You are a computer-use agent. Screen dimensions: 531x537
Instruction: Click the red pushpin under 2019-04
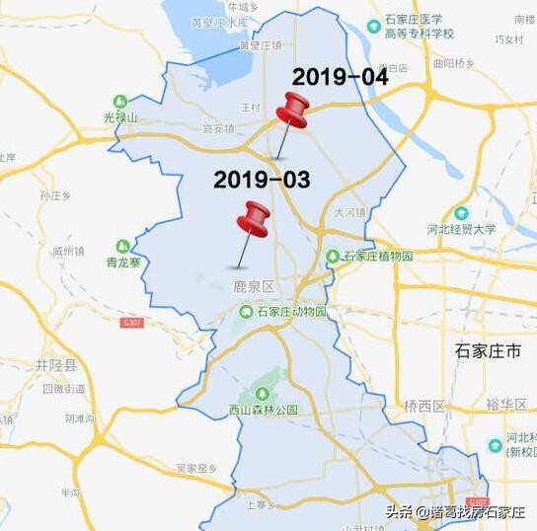[291, 111]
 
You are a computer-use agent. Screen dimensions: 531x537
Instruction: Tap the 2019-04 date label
[340, 76]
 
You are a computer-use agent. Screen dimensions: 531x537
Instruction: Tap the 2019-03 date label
[262, 179]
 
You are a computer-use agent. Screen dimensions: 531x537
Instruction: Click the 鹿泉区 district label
[253, 286]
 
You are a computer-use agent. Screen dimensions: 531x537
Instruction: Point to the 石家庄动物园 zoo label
[291, 312]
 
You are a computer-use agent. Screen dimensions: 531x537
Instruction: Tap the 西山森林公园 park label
[263, 410]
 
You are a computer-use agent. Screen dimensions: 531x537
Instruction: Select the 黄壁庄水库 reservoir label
[219, 22]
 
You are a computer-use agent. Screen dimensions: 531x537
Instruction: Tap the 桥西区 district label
[424, 406]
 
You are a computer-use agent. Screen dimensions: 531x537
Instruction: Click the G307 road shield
[131, 323]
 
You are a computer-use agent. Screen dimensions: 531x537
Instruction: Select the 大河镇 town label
[349, 211]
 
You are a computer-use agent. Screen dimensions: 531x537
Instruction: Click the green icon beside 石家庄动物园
[244, 312]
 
